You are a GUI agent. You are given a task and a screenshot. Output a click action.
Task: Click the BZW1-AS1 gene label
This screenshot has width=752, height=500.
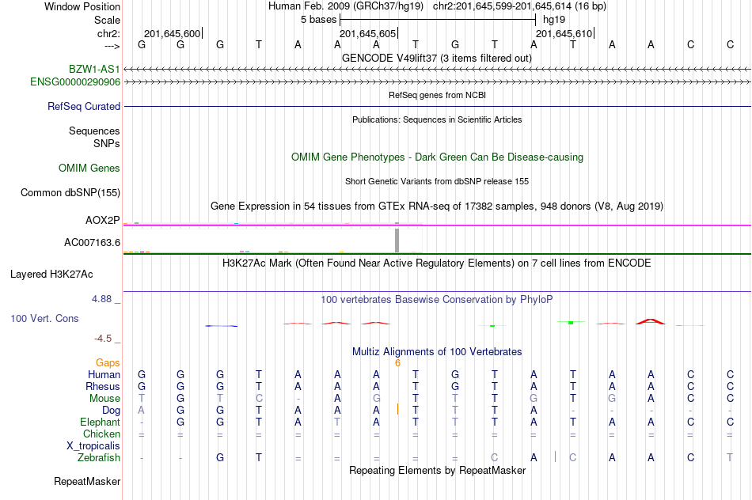[x=94, y=70]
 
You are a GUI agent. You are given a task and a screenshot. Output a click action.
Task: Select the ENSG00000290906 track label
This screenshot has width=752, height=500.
[x=75, y=81]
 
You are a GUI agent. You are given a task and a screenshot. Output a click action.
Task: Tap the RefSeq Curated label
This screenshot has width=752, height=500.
[x=84, y=106]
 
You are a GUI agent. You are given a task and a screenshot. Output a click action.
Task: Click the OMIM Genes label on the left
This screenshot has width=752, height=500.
[x=89, y=168]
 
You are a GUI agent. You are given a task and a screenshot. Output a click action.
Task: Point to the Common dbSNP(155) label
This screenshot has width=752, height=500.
[x=70, y=192]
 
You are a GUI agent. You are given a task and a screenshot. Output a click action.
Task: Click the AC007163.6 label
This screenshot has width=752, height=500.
[x=92, y=242]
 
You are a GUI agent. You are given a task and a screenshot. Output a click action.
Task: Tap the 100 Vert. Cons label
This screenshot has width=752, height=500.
[x=44, y=318]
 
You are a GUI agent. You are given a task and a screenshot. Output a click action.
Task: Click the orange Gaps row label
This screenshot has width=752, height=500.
[x=108, y=362]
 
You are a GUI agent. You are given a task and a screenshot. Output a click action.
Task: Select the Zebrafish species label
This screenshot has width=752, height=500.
[x=99, y=457]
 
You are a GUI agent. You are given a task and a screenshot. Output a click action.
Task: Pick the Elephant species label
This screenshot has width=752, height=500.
[x=101, y=422]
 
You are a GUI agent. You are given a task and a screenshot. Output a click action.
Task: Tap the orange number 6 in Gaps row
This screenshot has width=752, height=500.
[x=397, y=362]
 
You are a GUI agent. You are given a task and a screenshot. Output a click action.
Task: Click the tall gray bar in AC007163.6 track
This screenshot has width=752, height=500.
[x=397, y=239]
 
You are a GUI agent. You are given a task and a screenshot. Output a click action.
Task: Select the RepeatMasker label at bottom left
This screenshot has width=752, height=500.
[x=87, y=481]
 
